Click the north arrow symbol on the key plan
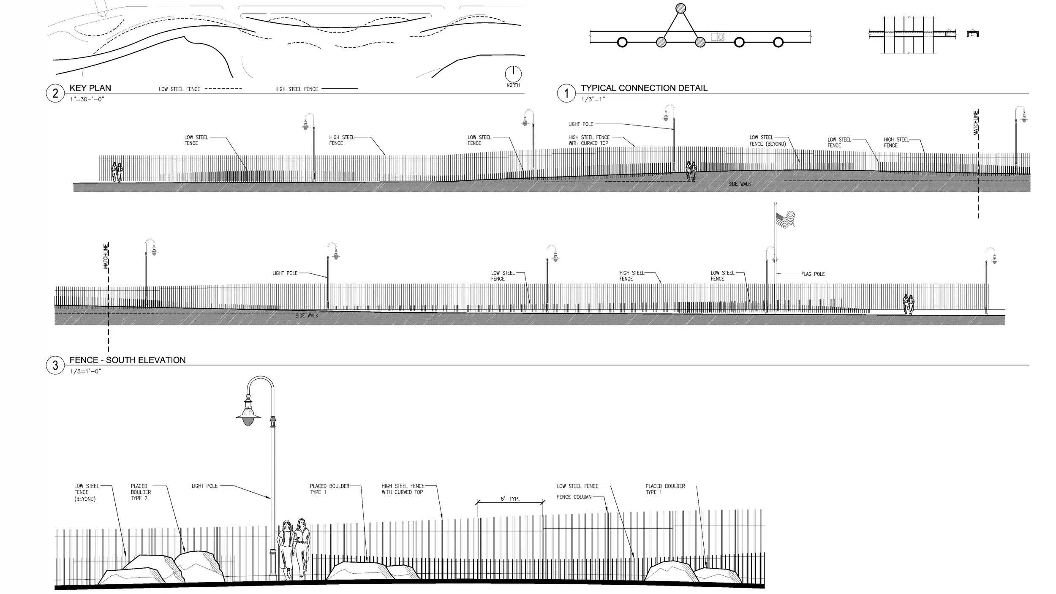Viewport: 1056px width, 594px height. point(513,74)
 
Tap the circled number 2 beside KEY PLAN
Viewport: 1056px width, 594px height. point(55,93)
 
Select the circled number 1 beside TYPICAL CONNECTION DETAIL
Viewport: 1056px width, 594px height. point(566,93)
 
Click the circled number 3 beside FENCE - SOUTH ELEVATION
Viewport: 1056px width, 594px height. point(55,365)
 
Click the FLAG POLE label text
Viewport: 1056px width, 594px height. point(813,274)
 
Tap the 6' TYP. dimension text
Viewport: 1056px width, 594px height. point(510,499)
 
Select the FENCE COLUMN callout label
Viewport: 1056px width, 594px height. point(574,497)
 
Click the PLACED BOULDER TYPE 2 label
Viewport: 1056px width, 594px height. point(141,492)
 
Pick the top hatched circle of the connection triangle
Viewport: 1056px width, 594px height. point(680,8)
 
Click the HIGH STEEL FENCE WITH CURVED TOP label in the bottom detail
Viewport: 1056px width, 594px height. point(403,489)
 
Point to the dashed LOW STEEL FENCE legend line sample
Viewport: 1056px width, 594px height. point(223,89)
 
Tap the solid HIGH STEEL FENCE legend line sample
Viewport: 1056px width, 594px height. point(340,89)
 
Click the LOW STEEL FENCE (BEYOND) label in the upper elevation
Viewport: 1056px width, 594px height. point(768,141)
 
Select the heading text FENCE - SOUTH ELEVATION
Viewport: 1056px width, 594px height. point(128,360)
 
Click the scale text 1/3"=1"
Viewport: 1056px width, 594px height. point(593,100)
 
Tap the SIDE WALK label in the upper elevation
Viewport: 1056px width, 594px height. point(740,184)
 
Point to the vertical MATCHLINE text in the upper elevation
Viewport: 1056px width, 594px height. point(976,123)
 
